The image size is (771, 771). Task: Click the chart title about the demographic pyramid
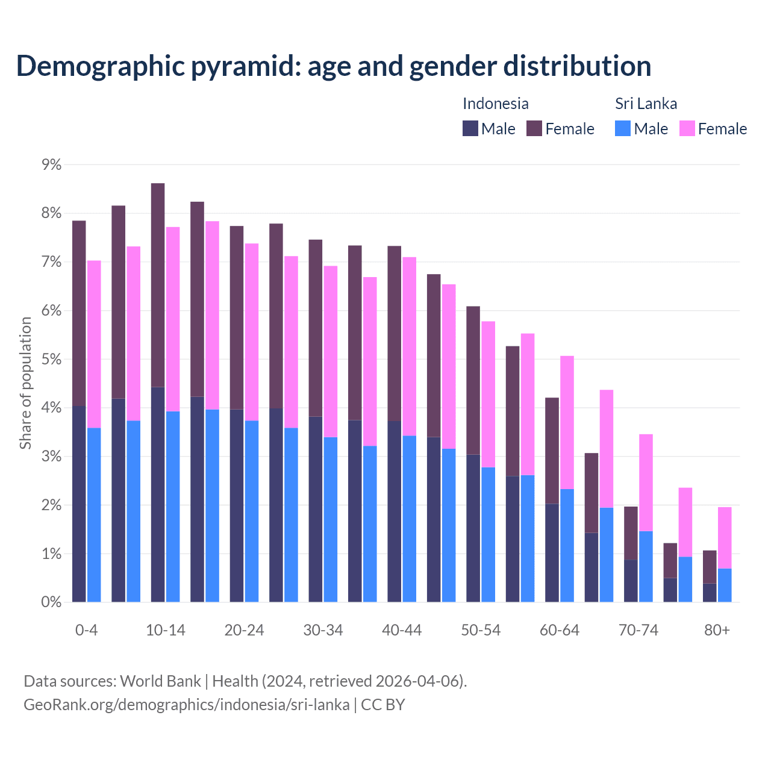(333, 66)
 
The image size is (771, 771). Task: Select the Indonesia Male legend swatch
(470, 128)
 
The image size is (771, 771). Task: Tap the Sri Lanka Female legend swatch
(687, 128)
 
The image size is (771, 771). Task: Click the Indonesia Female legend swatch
(534, 128)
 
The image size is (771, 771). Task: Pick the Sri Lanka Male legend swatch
(623, 128)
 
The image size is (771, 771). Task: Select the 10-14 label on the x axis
(166, 631)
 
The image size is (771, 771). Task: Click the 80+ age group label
(717, 631)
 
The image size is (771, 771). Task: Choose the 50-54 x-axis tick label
(481, 631)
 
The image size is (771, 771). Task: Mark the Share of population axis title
(25, 383)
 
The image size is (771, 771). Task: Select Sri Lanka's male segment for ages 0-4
(94, 515)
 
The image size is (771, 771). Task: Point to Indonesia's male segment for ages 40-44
(395, 511)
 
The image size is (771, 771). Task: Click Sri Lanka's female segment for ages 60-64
(567, 422)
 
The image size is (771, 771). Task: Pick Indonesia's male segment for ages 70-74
(631, 581)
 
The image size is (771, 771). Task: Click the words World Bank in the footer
(160, 681)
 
